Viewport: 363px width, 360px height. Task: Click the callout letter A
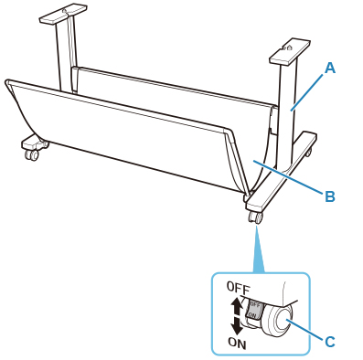click(x=329, y=69)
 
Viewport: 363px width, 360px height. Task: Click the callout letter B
click(x=330, y=196)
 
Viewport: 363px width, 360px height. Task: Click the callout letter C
click(x=330, y=342)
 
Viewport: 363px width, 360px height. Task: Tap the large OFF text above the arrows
click(x=239, y=288)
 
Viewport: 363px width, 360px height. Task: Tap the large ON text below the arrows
click(x=238, y=344)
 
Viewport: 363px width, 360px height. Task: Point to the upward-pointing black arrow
click(x=237, y=306)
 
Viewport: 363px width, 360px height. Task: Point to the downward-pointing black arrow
click(x=237, y=325)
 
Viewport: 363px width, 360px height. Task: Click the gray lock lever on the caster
click(x=254, y=310)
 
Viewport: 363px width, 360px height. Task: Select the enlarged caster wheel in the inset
click(x=278, y=321)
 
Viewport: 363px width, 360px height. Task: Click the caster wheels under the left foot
click(x=32, y=154)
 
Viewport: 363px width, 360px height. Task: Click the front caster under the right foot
click(x=255, y=217)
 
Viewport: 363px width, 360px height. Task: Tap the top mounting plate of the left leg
click(x=63, y=14)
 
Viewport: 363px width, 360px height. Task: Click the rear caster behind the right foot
click(x=309, y=152)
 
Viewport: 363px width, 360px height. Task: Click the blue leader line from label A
click(x=307, y=92)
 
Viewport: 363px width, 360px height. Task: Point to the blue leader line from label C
click(x=305, y=329)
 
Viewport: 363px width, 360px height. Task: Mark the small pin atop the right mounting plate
click(x=290, y=48)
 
